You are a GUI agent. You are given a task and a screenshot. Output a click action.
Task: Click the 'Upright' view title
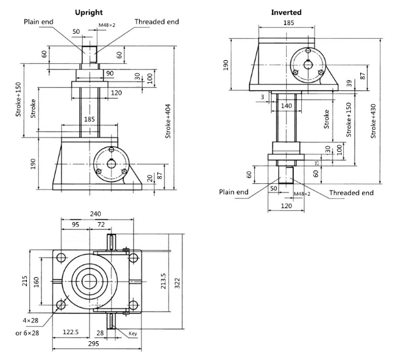pos(89,13)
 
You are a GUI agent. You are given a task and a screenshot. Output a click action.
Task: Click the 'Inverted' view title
pos(286,13)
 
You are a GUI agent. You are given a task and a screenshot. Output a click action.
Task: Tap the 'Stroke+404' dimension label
pos(168,121)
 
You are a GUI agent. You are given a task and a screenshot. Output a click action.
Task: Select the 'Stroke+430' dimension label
pos(373,121)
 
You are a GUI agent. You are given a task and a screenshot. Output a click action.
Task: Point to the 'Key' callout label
pos(133,334)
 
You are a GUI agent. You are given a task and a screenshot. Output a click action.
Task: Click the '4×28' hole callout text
pos(31,320)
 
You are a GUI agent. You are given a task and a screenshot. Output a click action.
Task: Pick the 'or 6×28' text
pos(27,333)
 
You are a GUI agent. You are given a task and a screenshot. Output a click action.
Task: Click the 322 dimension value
pos(177,283)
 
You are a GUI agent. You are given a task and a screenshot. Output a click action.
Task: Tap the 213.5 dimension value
pos(163,281)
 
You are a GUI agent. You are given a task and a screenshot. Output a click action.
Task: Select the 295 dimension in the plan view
pos(93,344)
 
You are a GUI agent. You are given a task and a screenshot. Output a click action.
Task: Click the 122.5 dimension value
pos(71,332)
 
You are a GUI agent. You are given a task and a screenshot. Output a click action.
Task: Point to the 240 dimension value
pos(95,214)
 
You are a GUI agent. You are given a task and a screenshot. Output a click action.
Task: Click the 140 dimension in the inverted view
pos(286,105)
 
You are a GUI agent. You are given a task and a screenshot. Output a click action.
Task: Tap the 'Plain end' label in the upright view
pos(38,22)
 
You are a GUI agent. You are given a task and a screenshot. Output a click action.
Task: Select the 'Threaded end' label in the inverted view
pos(351,193)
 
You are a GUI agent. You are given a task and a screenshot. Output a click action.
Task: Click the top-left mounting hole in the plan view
pos(61,258)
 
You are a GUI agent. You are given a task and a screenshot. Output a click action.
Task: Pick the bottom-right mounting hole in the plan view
pos(133,305)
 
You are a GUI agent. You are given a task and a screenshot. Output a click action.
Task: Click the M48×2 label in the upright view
pos(106,25)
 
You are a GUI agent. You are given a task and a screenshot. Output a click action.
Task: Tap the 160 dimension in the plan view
pos(37,282)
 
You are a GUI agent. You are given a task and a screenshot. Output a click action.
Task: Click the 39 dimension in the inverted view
pos(350,83)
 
